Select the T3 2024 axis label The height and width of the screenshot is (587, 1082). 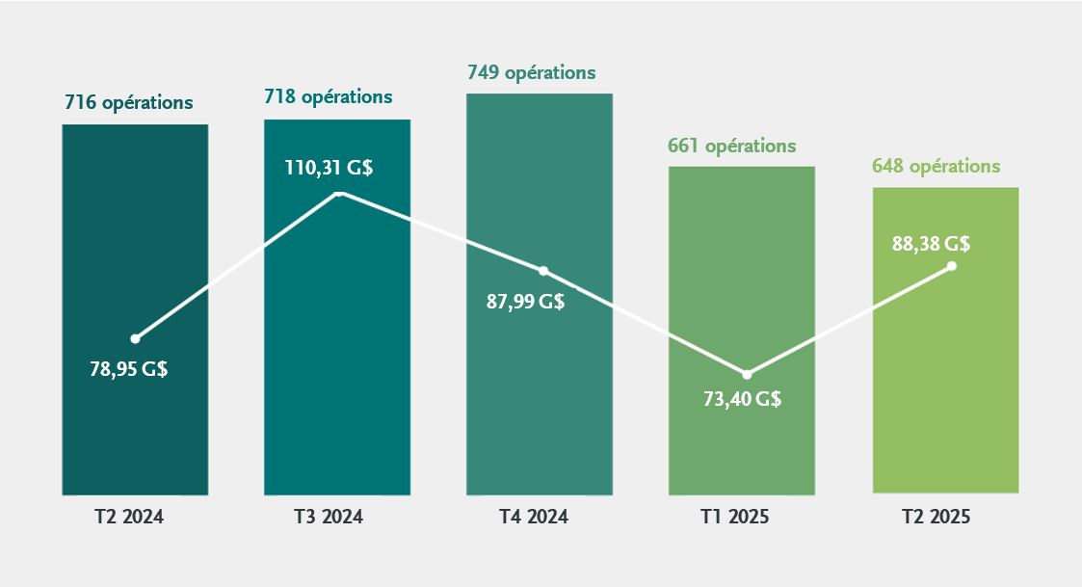point(328,517)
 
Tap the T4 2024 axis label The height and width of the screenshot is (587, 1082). point(533,517)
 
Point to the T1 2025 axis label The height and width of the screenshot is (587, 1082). point(734,517)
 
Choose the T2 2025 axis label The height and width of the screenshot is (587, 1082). point(936,517)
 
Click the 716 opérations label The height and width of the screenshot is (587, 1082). point(129,102)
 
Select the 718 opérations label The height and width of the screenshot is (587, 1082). point(329,97)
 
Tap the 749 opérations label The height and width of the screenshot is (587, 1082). point(532,73)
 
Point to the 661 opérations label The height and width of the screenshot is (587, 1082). point(732,147)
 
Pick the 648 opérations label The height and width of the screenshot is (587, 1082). point(937,167)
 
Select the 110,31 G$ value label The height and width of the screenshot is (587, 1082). point(330,168)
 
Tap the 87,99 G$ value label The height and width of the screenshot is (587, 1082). point(525,301)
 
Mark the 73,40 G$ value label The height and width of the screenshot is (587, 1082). point(742,399)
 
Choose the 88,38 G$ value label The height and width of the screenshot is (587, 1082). point(931,244)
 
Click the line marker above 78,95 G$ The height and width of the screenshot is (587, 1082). point(135,338)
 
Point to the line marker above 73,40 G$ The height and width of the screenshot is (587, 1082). point(747,374)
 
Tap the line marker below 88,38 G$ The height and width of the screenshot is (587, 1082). point(952,266)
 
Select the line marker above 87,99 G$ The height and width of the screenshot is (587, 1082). point(542,271)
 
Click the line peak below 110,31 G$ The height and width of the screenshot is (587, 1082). point(339,193)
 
